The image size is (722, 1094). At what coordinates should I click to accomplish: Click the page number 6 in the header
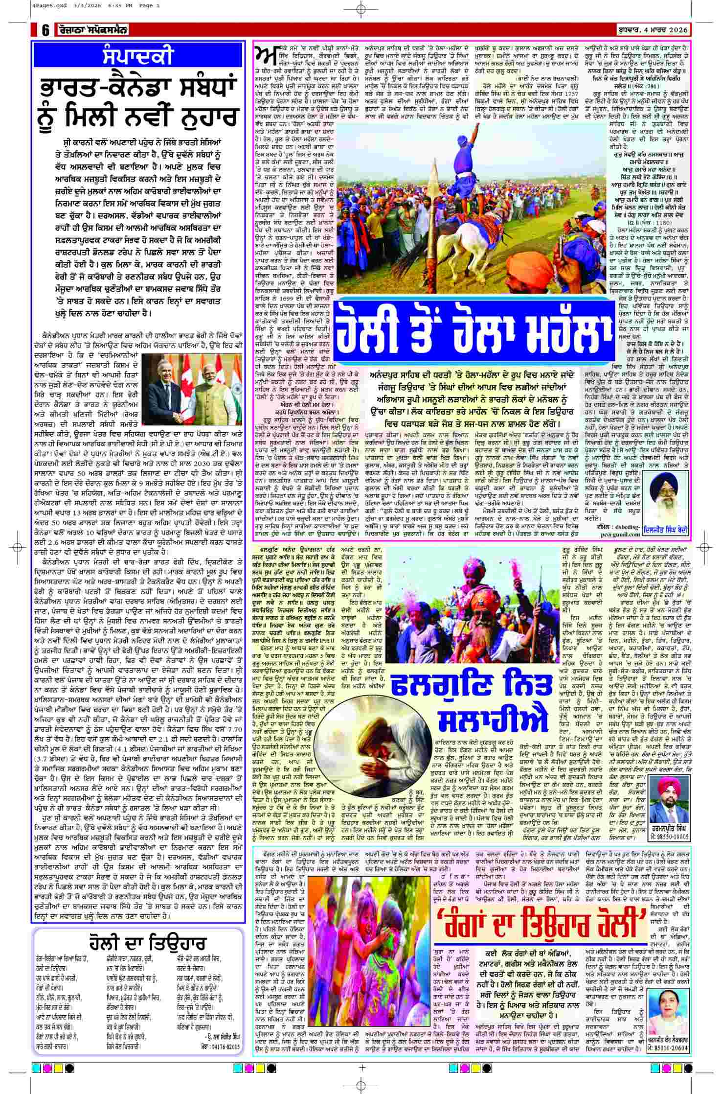tap(45, 30)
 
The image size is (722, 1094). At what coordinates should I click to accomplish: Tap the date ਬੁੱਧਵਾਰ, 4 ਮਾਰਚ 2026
tap(652, 30)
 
